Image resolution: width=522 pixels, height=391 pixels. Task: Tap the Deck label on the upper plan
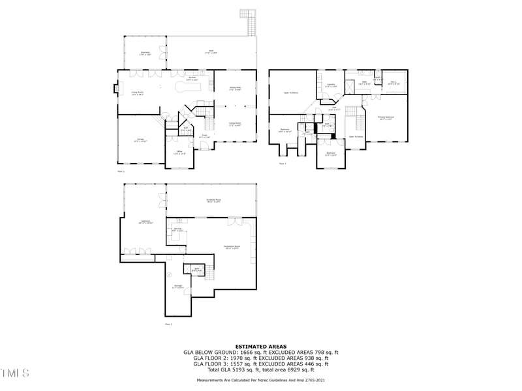pyautogui.click(x=211, y=51)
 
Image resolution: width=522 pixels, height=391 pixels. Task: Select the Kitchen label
pyautogui.click(x=192, y=78)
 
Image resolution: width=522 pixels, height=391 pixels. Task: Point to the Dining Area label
pyautogui.click(x=235, y=88)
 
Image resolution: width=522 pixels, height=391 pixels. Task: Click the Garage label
pyautogui.click(x=140, y=140)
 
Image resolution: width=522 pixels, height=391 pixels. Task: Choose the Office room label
pyautogui.click(x=179, y=153)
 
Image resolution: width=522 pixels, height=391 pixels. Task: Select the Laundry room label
pyautogui.click(x=331, y=85)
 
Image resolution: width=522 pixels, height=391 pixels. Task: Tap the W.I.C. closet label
pyautogui.click(x=393, y=83)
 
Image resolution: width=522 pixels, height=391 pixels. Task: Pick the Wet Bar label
pyautogui.click(x=177, y=229)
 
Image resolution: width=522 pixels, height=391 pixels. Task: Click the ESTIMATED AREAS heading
pyautogui.click(x=260, y=347)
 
